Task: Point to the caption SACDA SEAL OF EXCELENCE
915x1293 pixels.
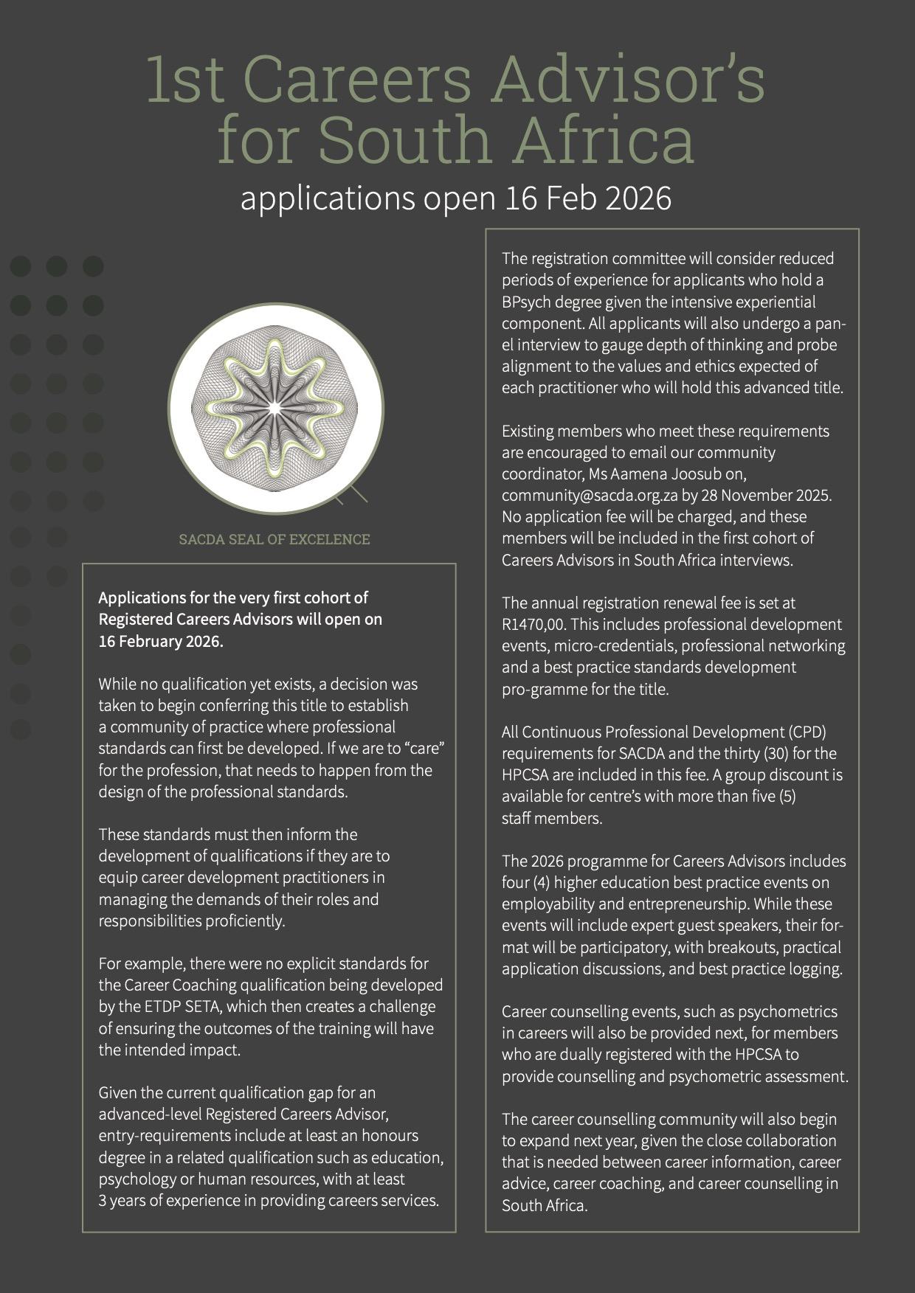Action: click(274, 539)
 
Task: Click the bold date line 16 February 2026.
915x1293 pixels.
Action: click(160, 641)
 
